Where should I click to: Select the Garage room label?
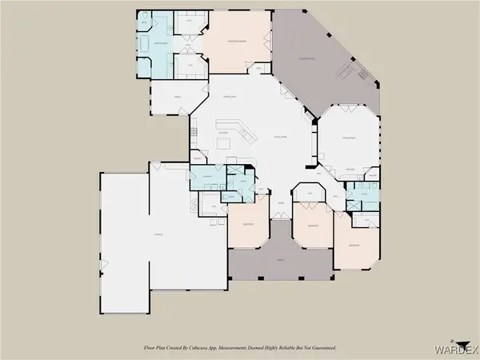(147, 234)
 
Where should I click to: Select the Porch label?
(280, 260)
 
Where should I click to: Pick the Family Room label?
(348, 138)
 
